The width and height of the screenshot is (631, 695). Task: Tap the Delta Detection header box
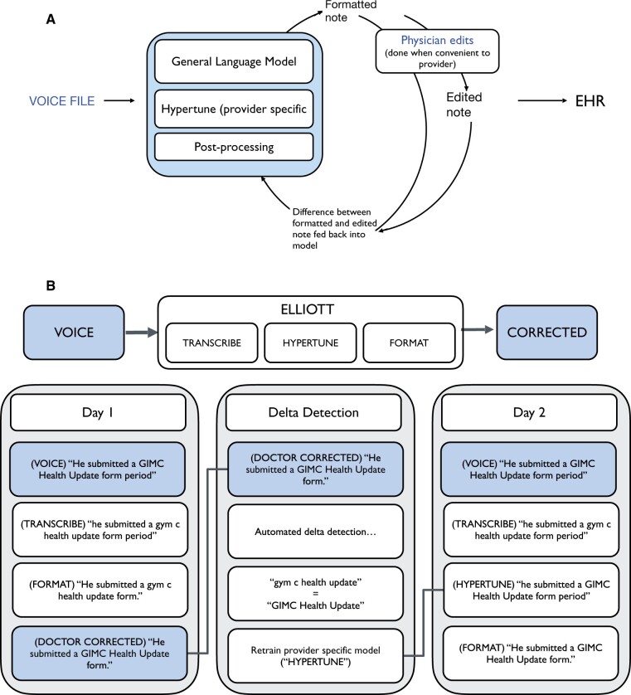point(315,412)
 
